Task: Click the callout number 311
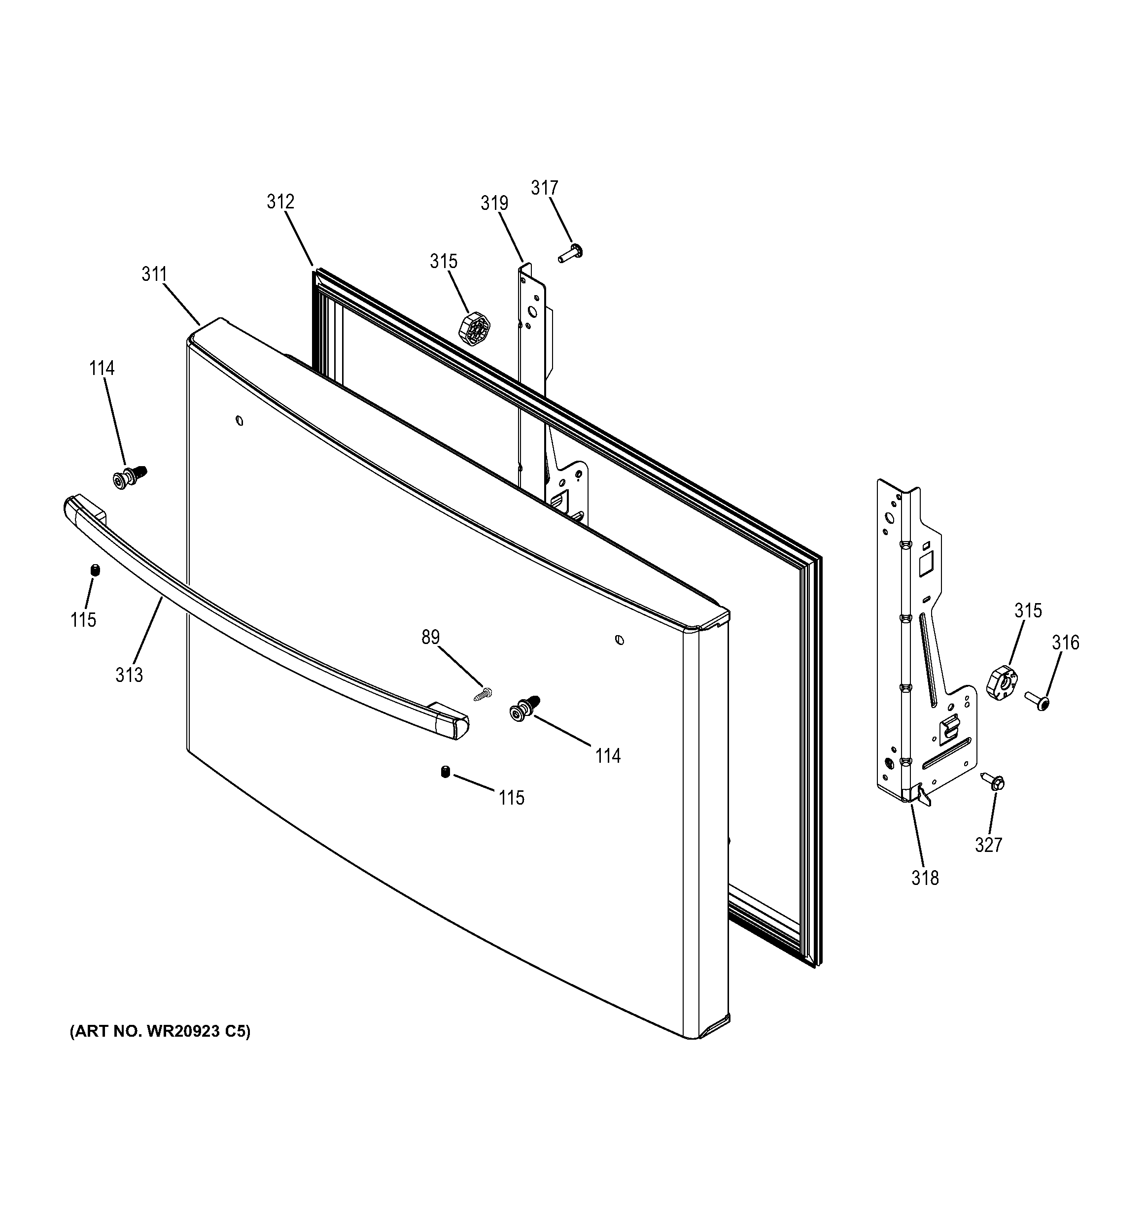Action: coord(155,274)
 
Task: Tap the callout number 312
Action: coord(280,202)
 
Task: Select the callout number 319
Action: coord(494,203)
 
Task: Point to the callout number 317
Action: coord(545,188)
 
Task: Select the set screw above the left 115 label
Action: coord(95,570)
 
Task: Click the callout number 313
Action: coord(129,675)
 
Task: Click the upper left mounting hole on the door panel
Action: coord(240,421)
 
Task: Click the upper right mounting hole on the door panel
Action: coord(620,640)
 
